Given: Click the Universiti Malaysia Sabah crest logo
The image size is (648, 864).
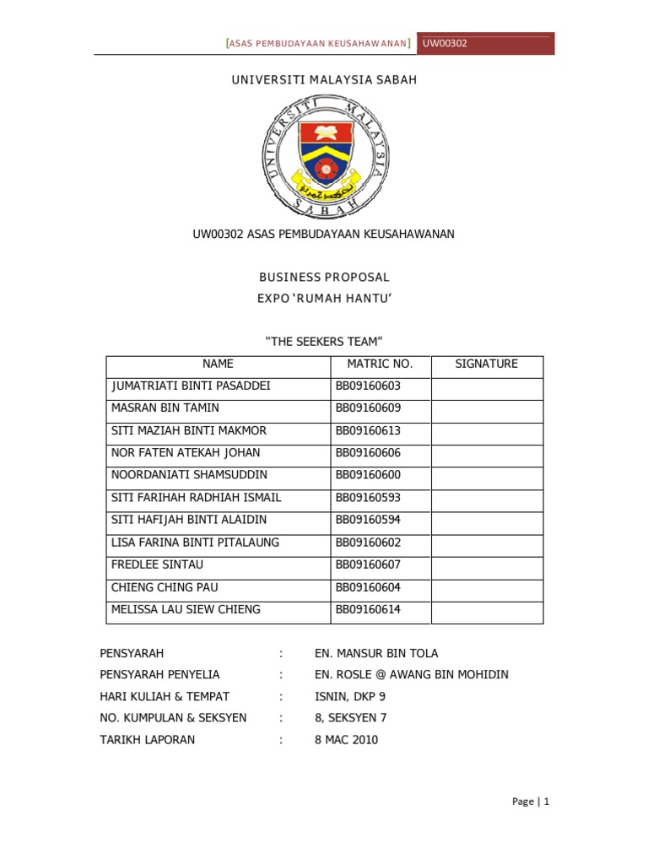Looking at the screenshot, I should point(324,154).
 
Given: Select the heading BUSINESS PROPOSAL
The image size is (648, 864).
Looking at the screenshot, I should point(324,277).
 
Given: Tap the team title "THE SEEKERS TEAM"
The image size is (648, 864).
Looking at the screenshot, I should point(324,341).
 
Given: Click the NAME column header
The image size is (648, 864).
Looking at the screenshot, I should point(218,364).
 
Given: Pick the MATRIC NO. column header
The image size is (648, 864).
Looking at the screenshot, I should point(380,364).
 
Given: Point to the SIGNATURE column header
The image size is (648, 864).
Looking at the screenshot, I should point(486,364).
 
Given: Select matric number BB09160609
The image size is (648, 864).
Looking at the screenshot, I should point(368,408).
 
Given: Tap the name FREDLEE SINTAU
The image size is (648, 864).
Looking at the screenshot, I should point(158,564).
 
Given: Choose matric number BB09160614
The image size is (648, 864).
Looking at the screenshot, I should point(368,609).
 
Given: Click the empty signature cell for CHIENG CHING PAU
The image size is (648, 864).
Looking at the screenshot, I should point(487,587).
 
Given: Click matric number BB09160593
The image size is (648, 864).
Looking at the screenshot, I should point(368,498).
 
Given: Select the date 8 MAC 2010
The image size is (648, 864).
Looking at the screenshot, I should point(346,740).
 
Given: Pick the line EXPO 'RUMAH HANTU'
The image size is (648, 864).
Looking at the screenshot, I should point(324,298).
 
